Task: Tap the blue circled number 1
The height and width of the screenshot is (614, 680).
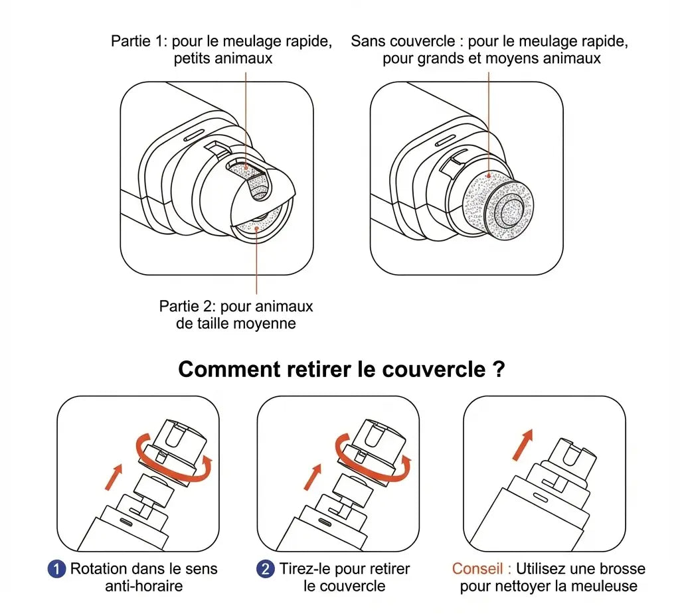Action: coord(57,570)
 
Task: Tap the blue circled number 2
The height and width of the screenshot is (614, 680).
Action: coord(265,570)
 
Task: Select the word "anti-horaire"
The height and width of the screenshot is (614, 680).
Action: coord(143,586)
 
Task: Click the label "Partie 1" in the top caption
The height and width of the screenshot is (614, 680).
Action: coord(139,41)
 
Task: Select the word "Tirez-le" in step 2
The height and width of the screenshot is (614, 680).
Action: coord(306,570)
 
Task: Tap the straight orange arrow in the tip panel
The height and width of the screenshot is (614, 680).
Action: coord(523,443)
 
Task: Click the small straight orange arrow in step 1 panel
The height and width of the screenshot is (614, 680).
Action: coord(114,477)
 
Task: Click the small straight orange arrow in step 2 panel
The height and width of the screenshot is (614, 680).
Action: coord(312,477)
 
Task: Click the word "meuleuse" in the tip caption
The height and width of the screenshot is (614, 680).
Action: coord(606,586)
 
